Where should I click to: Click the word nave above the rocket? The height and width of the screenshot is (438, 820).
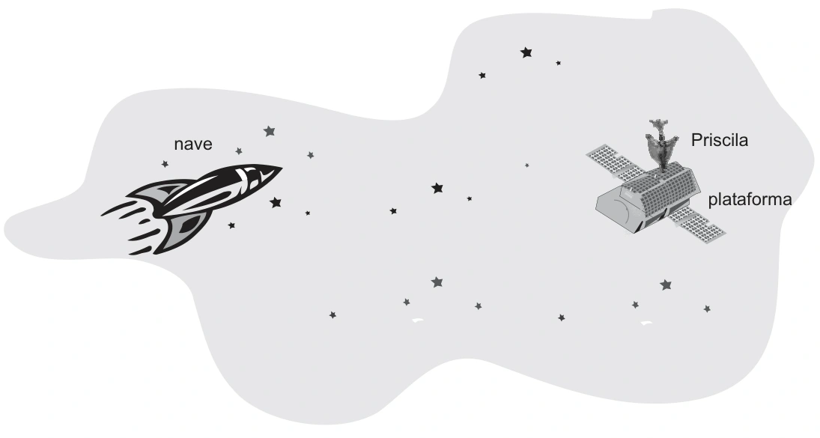coord(193,145)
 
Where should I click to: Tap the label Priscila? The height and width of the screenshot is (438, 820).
coord(719,140)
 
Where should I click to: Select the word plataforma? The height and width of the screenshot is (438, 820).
coord(750,200)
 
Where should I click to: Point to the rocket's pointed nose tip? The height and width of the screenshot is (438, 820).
coord(282,168)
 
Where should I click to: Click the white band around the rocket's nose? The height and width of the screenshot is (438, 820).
coord(245,176)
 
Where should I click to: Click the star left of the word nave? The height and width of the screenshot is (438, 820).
coord(165,164)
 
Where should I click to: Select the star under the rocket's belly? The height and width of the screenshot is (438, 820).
coord(231,226)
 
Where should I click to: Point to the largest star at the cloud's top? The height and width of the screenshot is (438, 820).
coord(526,52)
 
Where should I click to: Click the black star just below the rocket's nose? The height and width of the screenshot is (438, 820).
coord(276,202)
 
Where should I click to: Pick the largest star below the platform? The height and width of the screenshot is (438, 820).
coord(666,285)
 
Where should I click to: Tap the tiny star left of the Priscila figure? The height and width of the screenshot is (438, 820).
coord(526,165)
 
